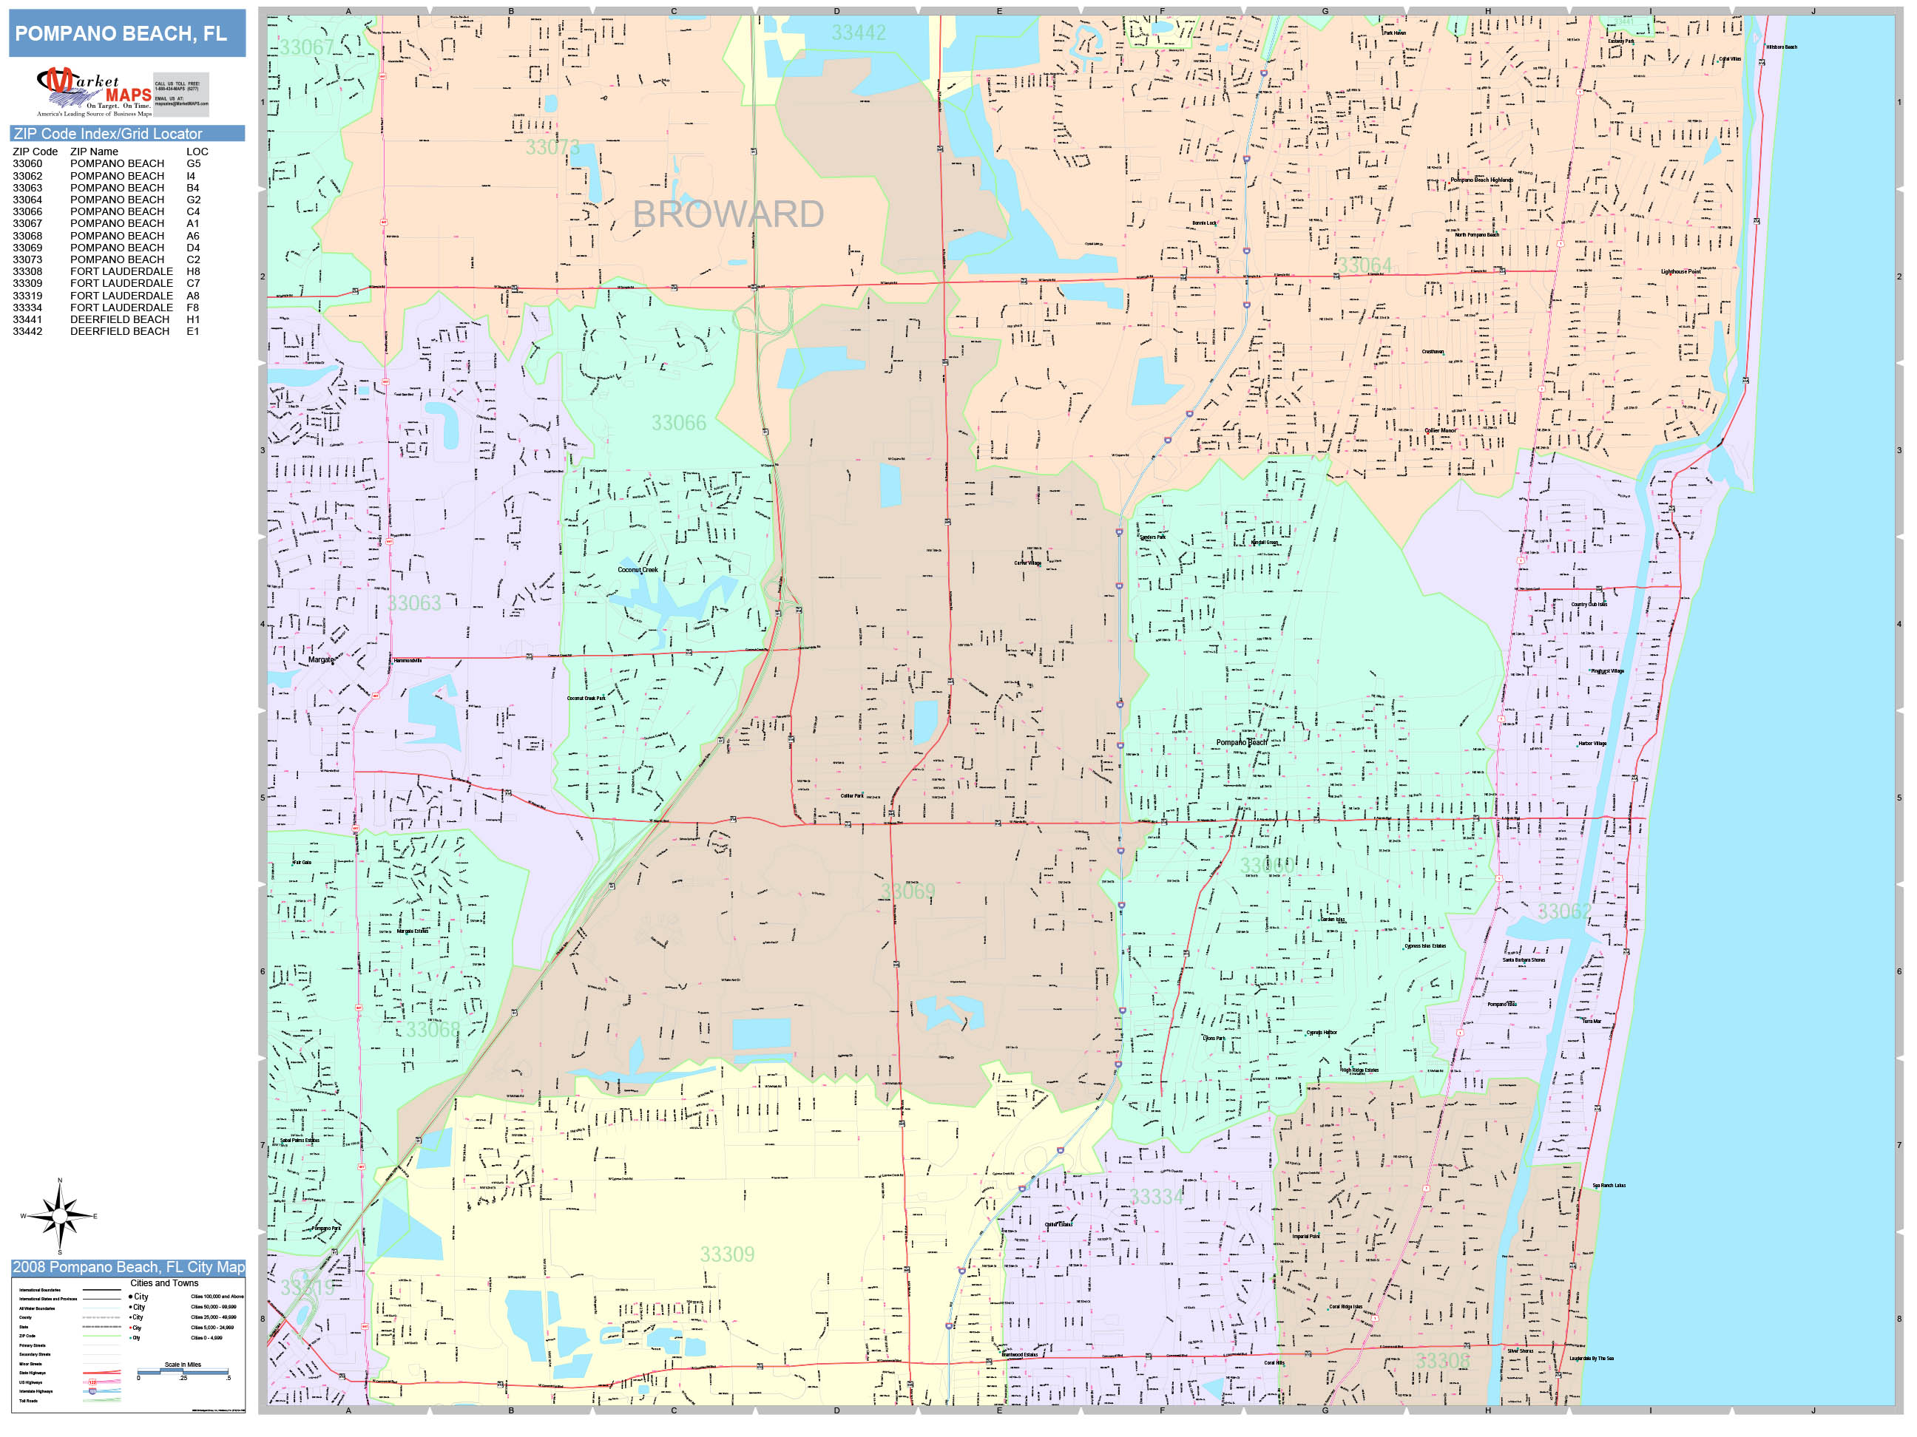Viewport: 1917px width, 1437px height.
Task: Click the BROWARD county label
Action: coord(728,214)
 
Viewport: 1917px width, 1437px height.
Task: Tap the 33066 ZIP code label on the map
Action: coord(679,423)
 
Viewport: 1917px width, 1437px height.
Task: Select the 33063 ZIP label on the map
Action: coord(414,603)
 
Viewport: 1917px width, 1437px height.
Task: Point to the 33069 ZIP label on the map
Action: coord(907,891)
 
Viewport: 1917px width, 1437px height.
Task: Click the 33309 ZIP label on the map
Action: coord(727,1254)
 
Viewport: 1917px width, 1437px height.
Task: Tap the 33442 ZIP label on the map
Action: coord(858,33)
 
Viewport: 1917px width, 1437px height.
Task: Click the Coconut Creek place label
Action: coord(637,570)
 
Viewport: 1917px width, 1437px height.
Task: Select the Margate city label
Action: coord(321,660)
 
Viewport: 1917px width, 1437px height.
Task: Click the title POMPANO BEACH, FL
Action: coord(121,34)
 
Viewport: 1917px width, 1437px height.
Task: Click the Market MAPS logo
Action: coord(95,92)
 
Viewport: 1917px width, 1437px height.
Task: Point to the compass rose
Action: coord(59,1216)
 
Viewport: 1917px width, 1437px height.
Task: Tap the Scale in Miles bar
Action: coord(183,1371)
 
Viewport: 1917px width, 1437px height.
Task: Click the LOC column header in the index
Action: coord(197,152)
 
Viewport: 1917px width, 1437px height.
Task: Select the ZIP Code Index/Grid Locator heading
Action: coord(107,133)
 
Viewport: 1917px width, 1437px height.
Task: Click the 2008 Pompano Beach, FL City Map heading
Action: coord(128,1267)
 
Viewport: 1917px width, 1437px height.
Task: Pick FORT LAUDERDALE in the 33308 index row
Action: coord(121,271)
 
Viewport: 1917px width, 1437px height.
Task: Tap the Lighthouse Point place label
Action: coord(1680,272)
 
